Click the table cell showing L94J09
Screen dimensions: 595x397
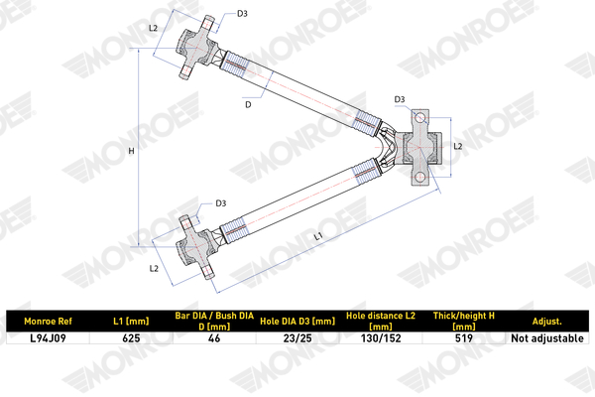click(x=48, y=338)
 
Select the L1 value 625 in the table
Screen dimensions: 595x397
click(x=131, y=338)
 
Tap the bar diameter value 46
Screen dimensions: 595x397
click(x=214, y=338)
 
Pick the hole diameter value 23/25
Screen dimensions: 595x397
click(x=297, y=338)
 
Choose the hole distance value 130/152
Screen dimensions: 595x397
click(x=381, y=338)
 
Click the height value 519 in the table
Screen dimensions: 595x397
click(x=464, y=338)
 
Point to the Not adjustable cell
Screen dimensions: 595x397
click(x=547, y=338)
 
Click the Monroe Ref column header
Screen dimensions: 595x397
click(x=48, y=322)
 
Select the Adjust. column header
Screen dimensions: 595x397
click(x=546, y=322)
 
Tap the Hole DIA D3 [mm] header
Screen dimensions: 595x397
click(x=297, y=322)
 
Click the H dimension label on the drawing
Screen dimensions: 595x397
click(x=131, y=151)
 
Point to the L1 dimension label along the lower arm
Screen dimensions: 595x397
click(x=318, y=236)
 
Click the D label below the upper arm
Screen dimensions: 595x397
click(x=248, y=104)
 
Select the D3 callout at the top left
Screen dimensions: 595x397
click(x=242, y=14)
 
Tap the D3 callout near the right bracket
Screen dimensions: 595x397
click(x=400, y=99)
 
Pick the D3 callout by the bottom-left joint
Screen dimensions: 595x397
click(x=221, y=203)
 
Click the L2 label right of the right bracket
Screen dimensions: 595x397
click(x=458, y=146)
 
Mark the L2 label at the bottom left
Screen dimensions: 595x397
click(x=154, y=269)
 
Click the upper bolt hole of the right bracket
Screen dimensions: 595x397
click(x=419, y=118)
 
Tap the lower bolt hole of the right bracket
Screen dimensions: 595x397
click(x=419, y=177)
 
